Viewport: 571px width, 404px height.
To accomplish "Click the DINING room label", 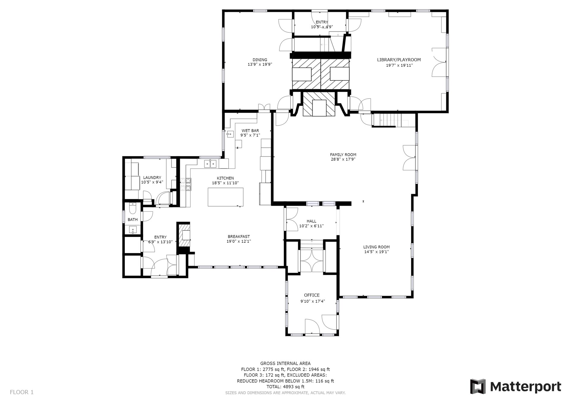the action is [x=260, y=60].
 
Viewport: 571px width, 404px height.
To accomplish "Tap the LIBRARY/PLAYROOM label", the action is [x=399, y=60].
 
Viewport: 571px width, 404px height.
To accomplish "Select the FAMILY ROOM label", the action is [x=343, y=155].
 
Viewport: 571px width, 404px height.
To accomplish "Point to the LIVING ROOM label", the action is [x=376, y=247].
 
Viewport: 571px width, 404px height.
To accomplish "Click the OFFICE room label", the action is [x=312, y=295].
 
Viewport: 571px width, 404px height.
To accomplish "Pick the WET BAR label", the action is [x=250, y=130].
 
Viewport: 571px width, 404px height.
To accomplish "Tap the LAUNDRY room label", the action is [x=152, y=177].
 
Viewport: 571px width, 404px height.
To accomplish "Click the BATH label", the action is [x=133, y=220].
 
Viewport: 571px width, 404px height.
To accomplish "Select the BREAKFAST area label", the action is [x=239, y=236].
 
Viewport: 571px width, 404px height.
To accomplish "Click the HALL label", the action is [x=311, y=221].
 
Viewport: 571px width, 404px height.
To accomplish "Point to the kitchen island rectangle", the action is [x=225, y=197].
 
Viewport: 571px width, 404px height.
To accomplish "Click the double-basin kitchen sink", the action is [x=210, y=164].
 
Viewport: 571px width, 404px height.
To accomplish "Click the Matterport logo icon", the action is [x=478, y=386].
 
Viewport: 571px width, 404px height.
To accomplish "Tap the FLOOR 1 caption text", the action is [x=22, y=392].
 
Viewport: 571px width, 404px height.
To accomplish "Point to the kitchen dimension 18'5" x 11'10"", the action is [x=225, y=183].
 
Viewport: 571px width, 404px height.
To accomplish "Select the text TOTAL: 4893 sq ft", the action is [x=285, y=387].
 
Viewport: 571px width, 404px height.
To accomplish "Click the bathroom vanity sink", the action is [x=133, y=230].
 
